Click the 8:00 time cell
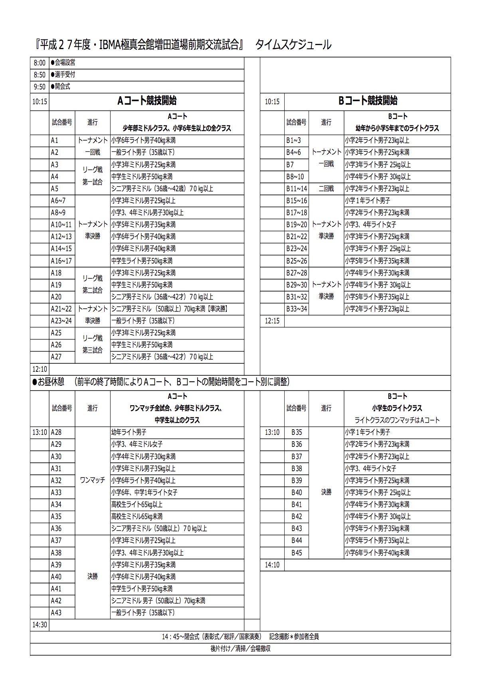pyautogui.click(x=39, y=63)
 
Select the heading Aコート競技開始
pyautogui.click(x=147, y=101)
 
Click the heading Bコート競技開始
pyautogui.click(x=368, y=101)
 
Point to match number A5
pyautogui.click(x=55, y=189)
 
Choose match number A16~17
pyautogui.click(x=61, y=261)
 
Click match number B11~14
pyautogui.click(x=297, y=189)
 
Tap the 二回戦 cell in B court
pyautogui.click(x=326, y=189)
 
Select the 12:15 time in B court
pyautogui.click(x=272, y=321)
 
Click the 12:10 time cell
pyautogui.click(x=39, y=369)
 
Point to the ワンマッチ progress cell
pyautogui.click(x=93, y=480)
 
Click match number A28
pyautogui.click(x=56, y=432)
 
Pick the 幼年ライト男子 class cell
pyautogui.click(x=129, y=432)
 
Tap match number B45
pyautogui.click(x=297, y=553)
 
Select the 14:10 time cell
pyautogui.click(x=272, y=565)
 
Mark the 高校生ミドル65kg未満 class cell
pyautogui.click(x=137, y=517)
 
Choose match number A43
pyautogui.click(x=56, y=613)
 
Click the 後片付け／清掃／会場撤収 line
pyautogui.click(x=240, y=649)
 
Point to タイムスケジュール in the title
pyautogui.click(x=293, y=45)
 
